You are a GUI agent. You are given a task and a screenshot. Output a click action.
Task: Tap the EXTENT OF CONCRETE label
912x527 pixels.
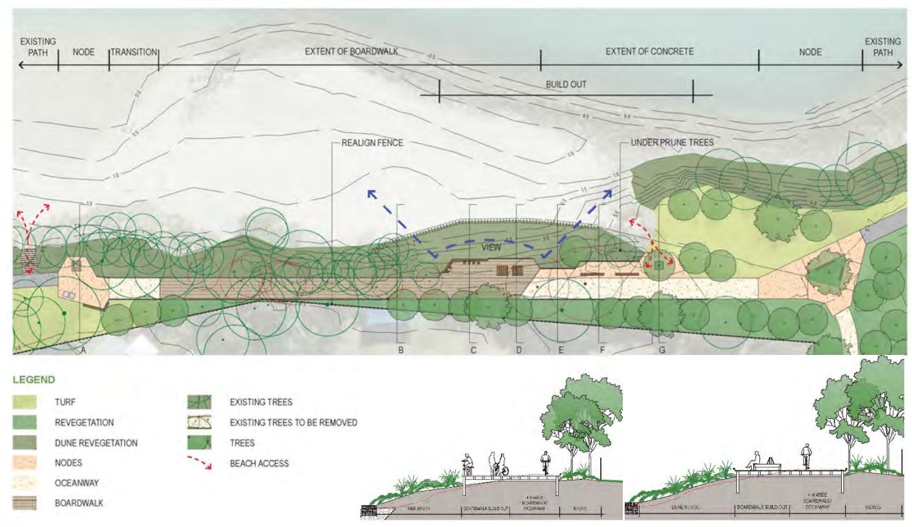point(649,52)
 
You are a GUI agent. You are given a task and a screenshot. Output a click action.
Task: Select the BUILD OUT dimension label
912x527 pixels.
point(566,84)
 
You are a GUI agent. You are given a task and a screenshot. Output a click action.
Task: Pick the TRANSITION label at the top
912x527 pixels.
point(133,52)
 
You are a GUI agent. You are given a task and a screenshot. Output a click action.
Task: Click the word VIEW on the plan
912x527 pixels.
point(494,247)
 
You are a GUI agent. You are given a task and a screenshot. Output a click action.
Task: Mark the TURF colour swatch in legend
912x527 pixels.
point(25,403)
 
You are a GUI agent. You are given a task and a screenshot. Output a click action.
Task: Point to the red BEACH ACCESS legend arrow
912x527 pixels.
point(200,463)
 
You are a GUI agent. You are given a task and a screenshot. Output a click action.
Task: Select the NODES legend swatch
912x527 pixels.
point(25,463)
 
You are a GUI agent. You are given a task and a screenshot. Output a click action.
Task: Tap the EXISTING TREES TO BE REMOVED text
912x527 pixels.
point(293,423)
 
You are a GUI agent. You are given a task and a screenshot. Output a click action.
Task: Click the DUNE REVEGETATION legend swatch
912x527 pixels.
point(25,443)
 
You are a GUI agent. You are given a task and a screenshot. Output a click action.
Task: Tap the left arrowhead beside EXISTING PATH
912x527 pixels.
point(22,65)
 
